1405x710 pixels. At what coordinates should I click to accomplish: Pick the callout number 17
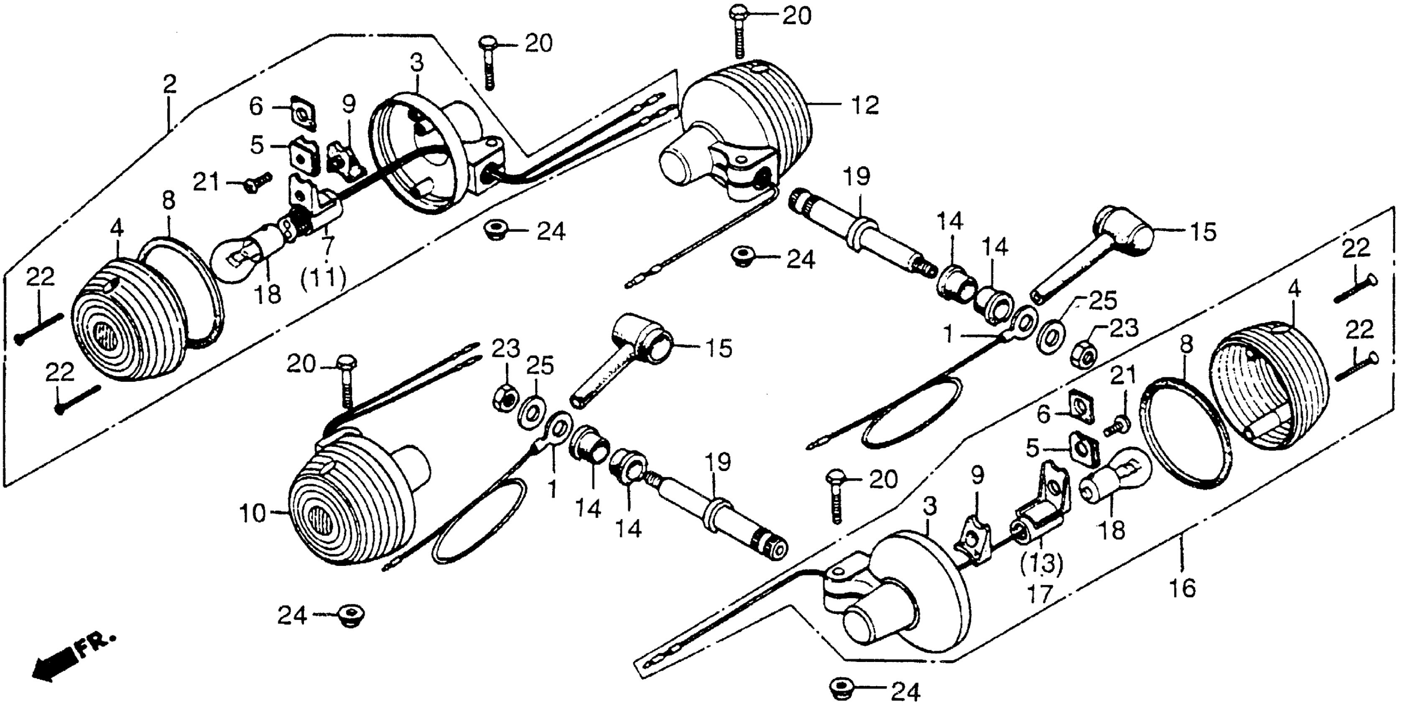[x=1040, y=594]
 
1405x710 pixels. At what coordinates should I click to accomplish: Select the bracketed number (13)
[x=1042, y=565]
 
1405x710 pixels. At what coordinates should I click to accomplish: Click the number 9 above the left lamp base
[x=349, y=103]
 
